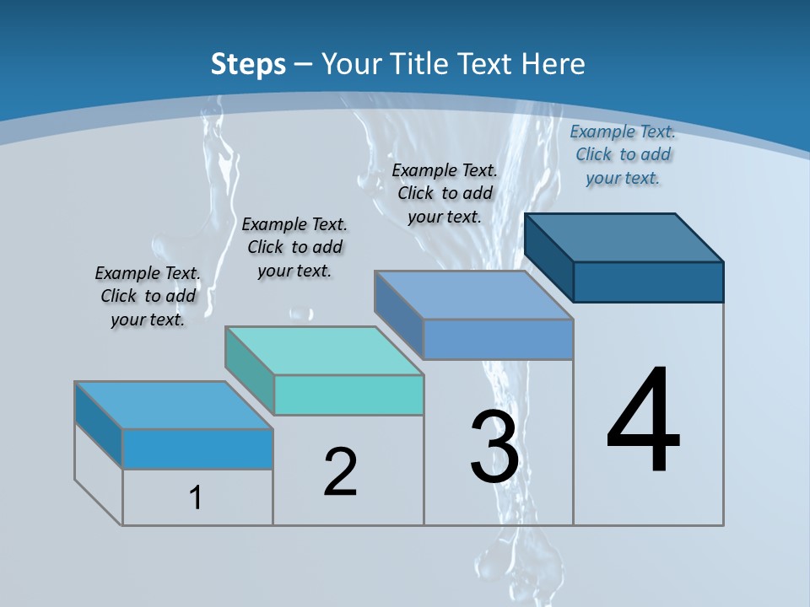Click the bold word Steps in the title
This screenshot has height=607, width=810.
[248, 63]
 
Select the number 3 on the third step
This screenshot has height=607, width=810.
[494, 446]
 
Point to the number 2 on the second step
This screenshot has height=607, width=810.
[340, 471]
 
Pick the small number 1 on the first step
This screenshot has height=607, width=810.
[196, 497]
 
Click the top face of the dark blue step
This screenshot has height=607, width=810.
[624, 237]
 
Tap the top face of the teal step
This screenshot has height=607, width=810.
[324, 350]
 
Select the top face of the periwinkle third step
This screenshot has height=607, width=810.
[474, 295]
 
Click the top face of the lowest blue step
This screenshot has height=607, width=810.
[174, 406]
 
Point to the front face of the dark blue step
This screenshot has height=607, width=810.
[648, 282]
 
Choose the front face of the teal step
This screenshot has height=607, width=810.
[348, 395]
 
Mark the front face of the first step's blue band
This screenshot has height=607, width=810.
[197, 449]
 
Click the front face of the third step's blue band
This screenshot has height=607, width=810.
[498, 339]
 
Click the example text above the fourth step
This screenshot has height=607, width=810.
[623, 154]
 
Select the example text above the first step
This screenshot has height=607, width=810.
[148, 296]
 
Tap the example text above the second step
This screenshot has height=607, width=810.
[294, 247]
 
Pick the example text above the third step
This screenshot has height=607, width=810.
[445, 193]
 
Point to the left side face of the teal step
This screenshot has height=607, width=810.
[250, 370]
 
